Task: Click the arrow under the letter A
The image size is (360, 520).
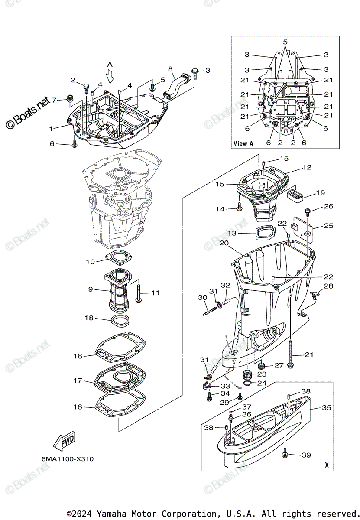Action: pos(110,76)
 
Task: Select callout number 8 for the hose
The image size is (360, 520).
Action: pos(170,69)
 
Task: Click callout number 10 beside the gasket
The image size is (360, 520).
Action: pos(90,262)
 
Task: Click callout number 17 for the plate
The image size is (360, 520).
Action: pos(78,381)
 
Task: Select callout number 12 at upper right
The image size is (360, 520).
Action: pos(307,167)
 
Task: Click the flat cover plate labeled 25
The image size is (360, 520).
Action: pos(302,227)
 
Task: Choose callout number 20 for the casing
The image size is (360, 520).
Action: pos(224,243)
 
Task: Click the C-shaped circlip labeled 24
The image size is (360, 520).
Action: pos(248,383)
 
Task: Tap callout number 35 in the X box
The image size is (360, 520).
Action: pos(326,408)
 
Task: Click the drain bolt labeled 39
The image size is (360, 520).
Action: pos(285,455)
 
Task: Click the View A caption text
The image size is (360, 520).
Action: pos(243,143)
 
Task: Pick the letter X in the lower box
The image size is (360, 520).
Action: pos(326,465)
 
